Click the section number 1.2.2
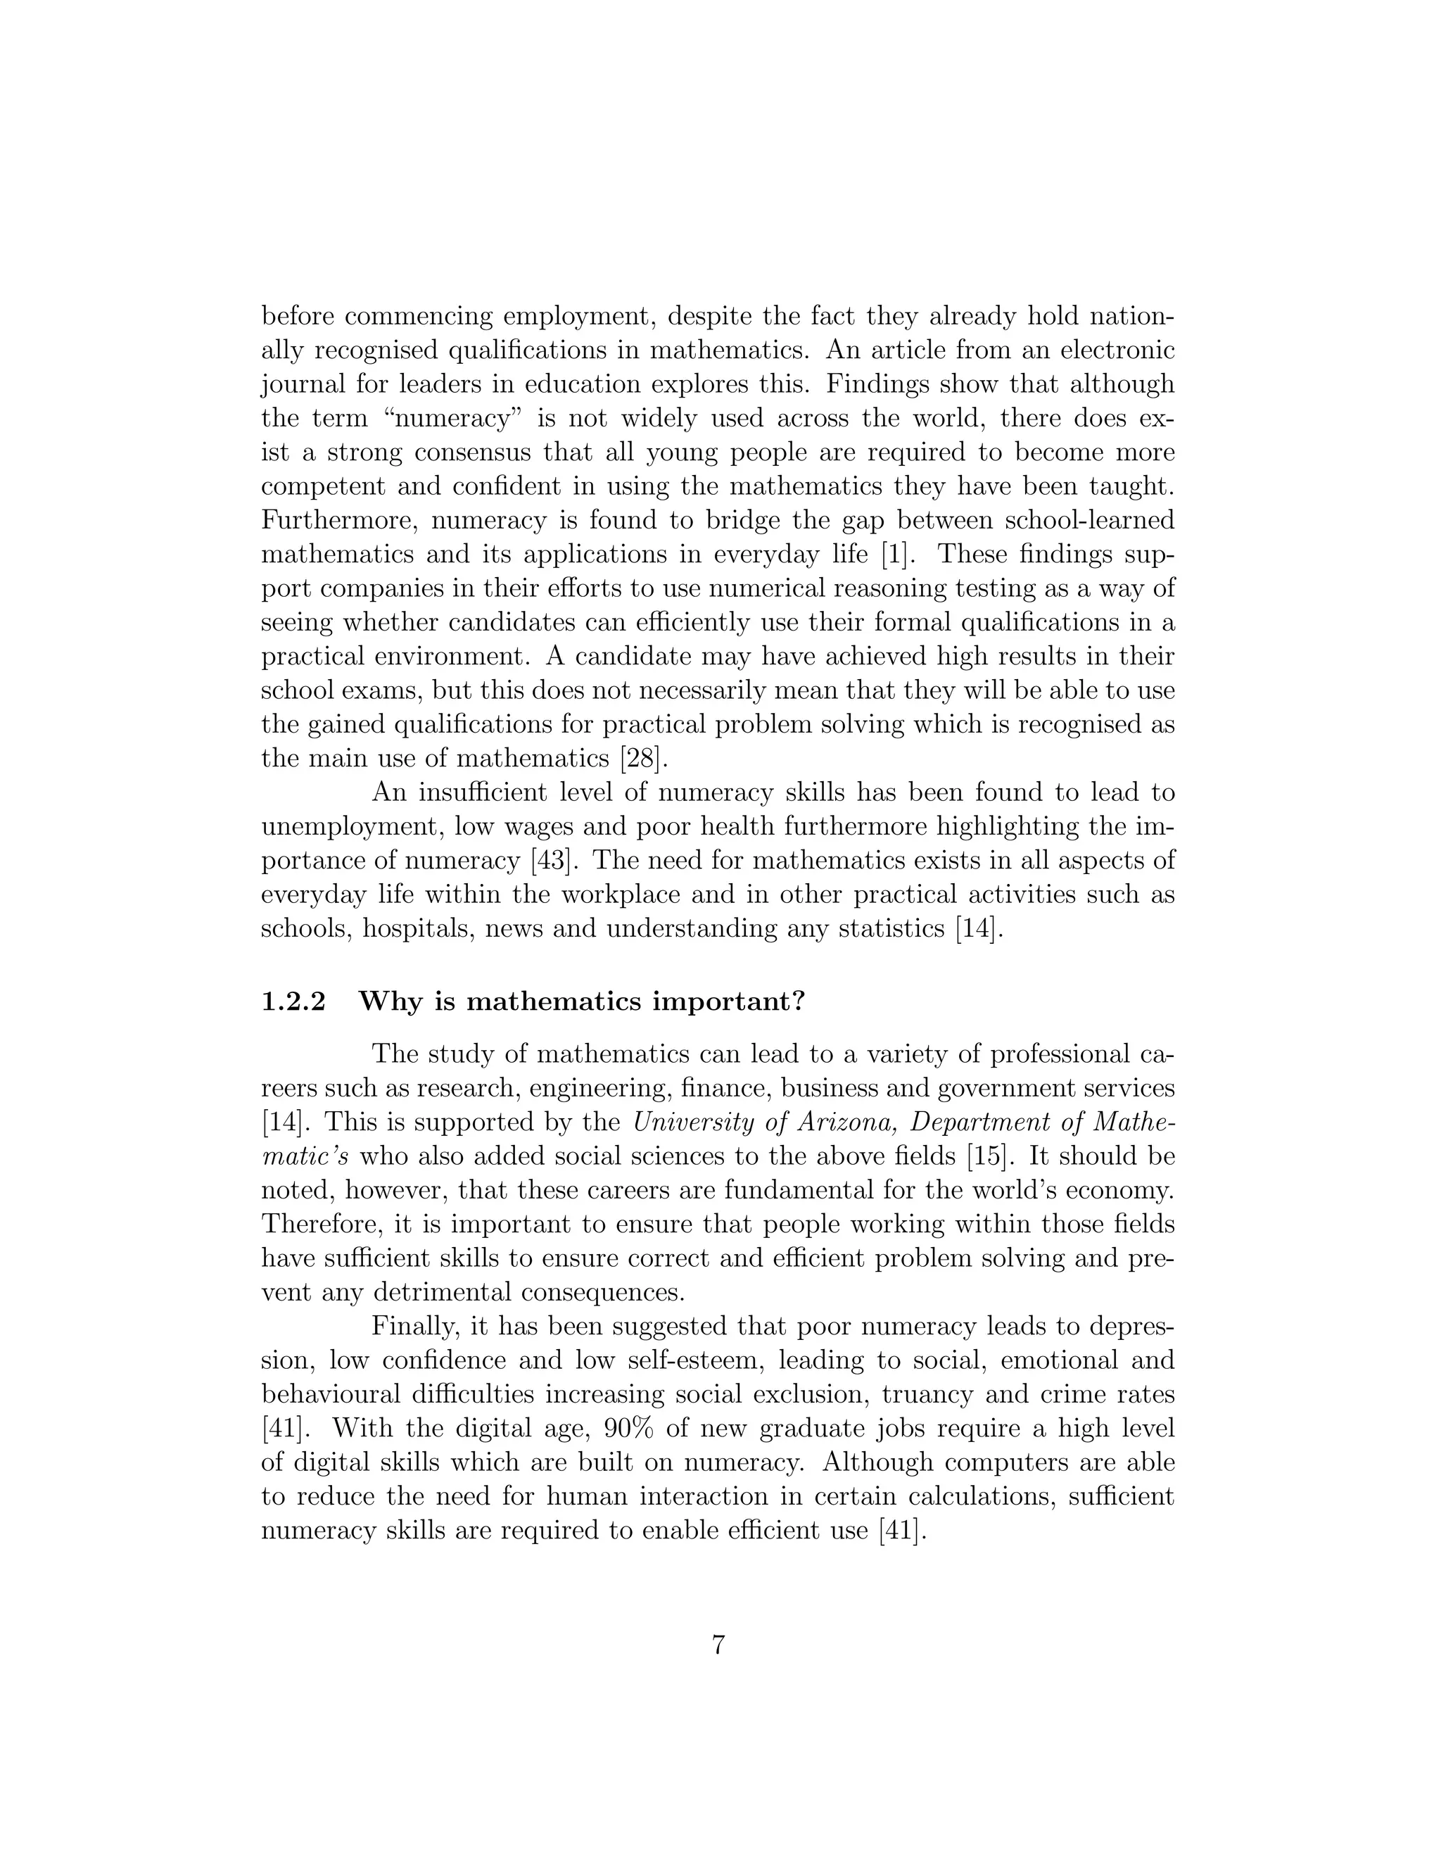[x=293, y=1001]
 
